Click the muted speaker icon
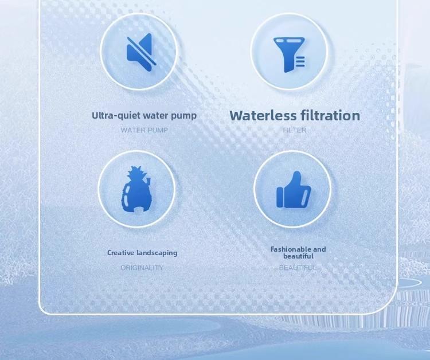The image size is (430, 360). [x=139, y=52]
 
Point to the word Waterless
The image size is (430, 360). [x=263, y=116]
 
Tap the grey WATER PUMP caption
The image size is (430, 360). [x=144, y=130]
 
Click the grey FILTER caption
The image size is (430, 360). [x=295, y=130]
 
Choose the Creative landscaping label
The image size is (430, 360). [x=142, y=253]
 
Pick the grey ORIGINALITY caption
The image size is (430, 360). [x=142, y=268]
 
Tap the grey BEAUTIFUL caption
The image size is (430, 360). [x=298, y=268]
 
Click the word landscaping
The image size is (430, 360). [x=157, y=253]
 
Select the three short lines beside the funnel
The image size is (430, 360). [x=300, y=61]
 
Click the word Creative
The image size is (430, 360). [x=121, y=253]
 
